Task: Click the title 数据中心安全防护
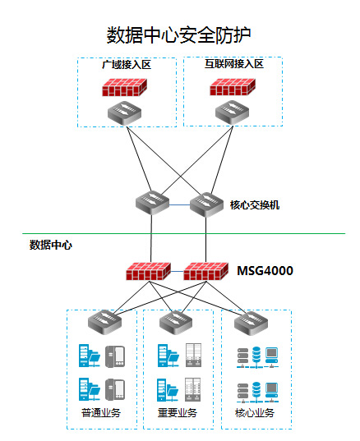(x=178, y=35)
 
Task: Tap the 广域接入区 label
(x=127, y=65)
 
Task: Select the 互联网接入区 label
(x=234, y=64)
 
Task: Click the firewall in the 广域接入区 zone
(x=124, y=87)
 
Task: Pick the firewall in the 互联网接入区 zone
(x=233, y=87)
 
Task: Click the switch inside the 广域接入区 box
(x=124, y=113)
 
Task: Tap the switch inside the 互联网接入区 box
(x=233, y=113)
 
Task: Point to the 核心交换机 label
(x=255, y=205)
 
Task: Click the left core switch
(x=152, y=203)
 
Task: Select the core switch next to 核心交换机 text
(x=206, y=204)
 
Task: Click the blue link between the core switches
(x=179, y=204)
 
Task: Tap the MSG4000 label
(x=265, y=271)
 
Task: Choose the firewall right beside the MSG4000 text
(x=205, y=271)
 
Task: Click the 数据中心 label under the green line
(x=51, y=245)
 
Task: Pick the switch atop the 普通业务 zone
(x=104, y=322)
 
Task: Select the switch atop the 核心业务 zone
(x=251, y=324)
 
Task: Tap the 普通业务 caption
(x=101, y=412)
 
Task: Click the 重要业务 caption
(x=178, y=412)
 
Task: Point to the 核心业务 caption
(x=255, y=412)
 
